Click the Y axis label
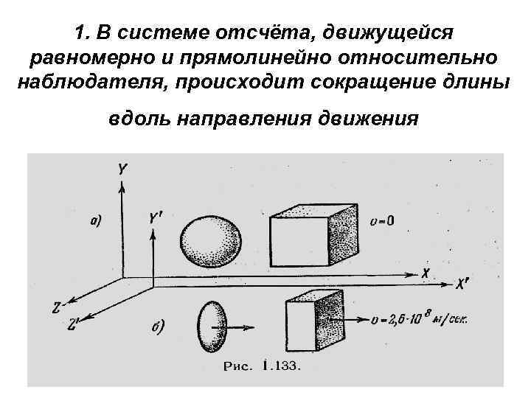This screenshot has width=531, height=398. click(122, 170)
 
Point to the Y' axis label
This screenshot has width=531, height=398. click(156, 218)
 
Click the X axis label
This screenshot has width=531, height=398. click(426, 272)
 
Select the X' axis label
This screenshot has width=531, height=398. click(462, 283)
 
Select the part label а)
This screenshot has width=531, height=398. click(95, 219)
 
